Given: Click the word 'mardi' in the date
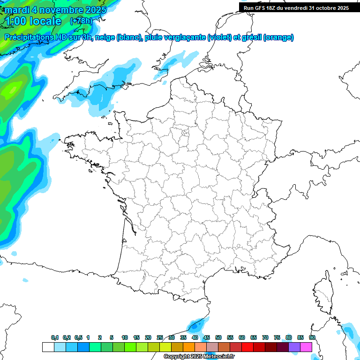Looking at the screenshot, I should coord(17,9).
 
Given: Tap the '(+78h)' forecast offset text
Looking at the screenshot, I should coord(81,21).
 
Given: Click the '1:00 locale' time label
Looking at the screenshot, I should coord(34,21).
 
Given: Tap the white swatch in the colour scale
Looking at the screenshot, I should coord(48,347).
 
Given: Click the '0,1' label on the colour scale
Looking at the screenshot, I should coord(55,337).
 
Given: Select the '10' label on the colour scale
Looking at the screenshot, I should coord(125,337).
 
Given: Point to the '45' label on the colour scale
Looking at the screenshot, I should coord(207,337).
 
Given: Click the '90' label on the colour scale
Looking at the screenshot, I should coord(312,337).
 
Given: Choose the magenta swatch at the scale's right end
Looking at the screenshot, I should coord(306,347).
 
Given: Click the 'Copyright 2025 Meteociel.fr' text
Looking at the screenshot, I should coord(199,357).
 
